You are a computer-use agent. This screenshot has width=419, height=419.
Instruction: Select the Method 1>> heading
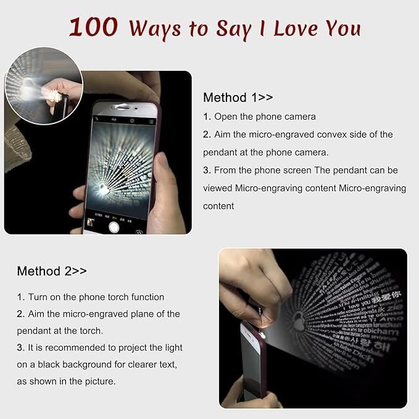point(238,97)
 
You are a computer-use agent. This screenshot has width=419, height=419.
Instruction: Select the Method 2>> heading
point(52,271)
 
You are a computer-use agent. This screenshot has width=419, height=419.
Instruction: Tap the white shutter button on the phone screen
point(114,226)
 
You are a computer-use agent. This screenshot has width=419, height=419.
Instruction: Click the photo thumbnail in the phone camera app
point(91,222)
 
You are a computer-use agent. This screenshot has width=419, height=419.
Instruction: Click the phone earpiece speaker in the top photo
point(127,107)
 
